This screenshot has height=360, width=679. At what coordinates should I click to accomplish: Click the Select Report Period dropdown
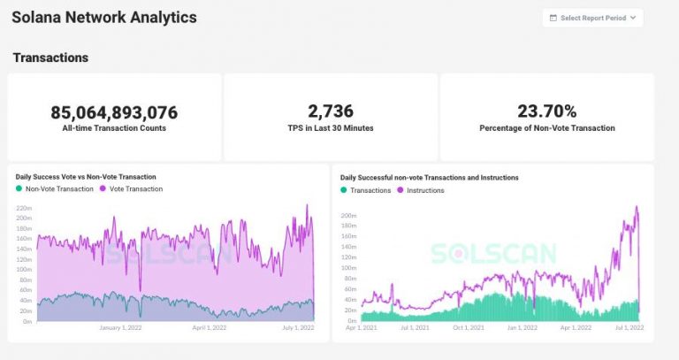tap(592, 18)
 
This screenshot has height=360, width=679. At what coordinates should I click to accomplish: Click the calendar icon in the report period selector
tap(553, 18)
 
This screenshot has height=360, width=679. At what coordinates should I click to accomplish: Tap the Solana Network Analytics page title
tap(105, 17)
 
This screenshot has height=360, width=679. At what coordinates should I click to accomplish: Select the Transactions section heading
tap(50, 57)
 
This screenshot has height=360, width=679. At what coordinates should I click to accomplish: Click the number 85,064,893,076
tap(114, 112)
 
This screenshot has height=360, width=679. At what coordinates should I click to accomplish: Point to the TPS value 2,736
tap(331, 111)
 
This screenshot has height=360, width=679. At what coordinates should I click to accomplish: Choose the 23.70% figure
tap(546, 111)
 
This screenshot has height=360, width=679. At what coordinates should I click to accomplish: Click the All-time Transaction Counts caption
tap(114, 128)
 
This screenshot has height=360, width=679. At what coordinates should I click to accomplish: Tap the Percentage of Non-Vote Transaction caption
tap(546, 128)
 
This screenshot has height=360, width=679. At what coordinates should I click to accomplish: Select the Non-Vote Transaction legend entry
tap(55, 189)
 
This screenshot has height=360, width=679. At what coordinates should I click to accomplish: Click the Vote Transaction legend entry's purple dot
tap(104, 189)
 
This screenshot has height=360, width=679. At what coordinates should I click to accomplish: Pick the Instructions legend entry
tap(421, 190)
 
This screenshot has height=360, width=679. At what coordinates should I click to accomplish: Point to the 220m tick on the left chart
tap(24, 207)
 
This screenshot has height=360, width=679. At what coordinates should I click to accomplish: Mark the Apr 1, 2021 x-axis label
tap(361, 328)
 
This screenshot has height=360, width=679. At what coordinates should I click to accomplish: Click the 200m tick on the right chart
tap(348, 215)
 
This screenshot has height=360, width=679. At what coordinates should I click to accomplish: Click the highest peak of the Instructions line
tap(637, 207)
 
